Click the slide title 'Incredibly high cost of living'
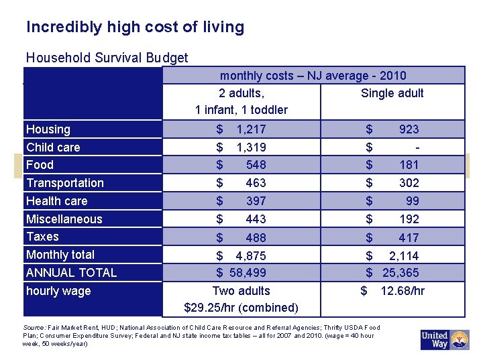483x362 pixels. click(x=135, y=27)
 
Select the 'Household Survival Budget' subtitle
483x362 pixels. click(x=107, y=58)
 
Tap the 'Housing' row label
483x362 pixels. click(x=48, y=129)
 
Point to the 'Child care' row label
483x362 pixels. click(x=53, y=147)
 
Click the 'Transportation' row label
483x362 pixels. click(x=65, y=183)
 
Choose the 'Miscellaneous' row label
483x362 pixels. click(x=64, y=219)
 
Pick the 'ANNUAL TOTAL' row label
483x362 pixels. click(x=71, y=273)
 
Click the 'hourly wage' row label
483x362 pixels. click(x=58, y=291)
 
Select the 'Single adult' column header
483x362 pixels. click(x=392, y=93)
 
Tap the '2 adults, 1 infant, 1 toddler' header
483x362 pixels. click(x=241, y=101)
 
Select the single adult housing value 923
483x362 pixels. click(x=409, y=129)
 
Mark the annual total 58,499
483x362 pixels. click(x=248, y=273)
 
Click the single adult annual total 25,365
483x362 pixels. click(x=400, y=273)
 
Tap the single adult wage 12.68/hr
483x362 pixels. click(x=402, y=291)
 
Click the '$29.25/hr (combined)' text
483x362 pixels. click(x=241, y=308)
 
